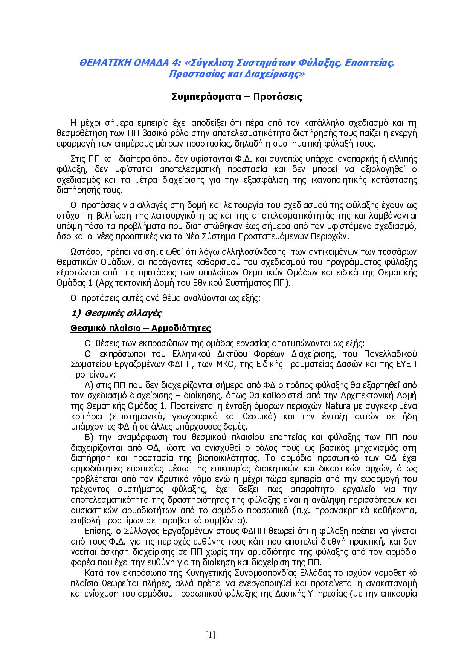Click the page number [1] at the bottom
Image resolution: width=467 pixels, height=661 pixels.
(x=210, y=635)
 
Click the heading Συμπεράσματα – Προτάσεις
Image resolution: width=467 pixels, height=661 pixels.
(x=237, y=97)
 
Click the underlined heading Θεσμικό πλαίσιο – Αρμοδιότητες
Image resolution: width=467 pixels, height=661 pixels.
(x=140, y=328)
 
